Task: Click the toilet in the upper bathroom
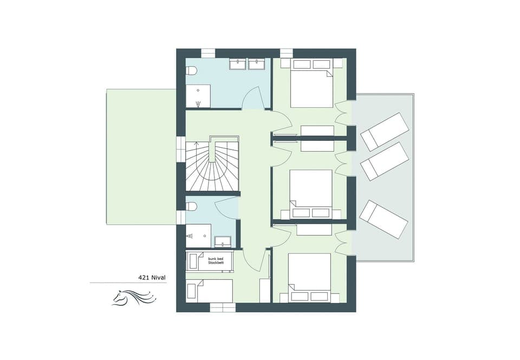click(x=191, y=71)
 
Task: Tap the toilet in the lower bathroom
click(x=191, y=206)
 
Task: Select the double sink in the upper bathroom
click(x=247, y=65)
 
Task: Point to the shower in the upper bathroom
click(x=198, y=96)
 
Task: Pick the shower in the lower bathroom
click(x=198, y=233)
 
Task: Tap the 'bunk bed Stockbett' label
click(x=215, y=260)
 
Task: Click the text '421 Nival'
click(x=152, y=278)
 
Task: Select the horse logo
click(x=134, y=297)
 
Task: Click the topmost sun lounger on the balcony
click(x=385, y=132)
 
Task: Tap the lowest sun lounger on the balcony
click(x=383, y=219)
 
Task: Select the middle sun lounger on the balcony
click(x=385, y=161)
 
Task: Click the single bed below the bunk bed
click(x=210, y=291)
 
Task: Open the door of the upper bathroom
click(x=253, y=100)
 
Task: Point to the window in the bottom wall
click(x=223, y=307)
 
